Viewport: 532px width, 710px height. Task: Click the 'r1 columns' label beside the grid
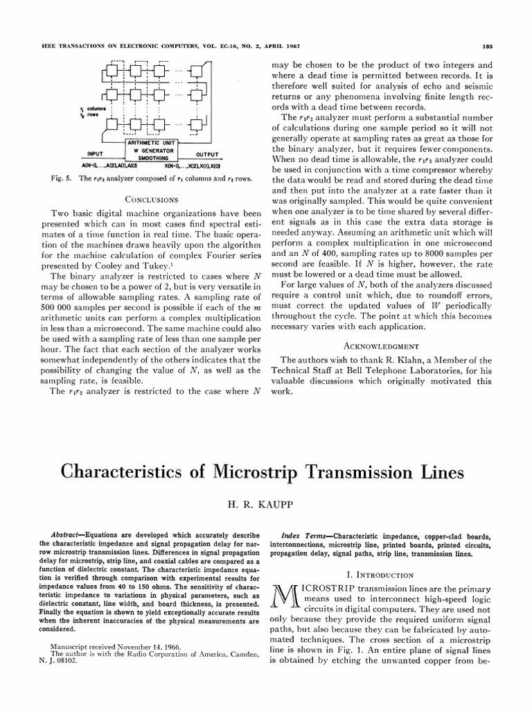[91, 109]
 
